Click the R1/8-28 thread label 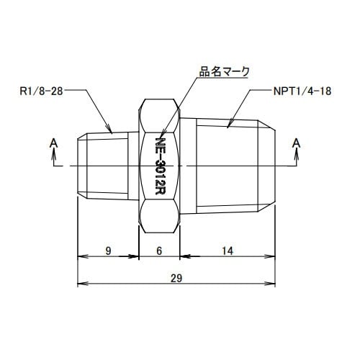[x=41, y=91]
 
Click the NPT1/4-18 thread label [x=302, y=91]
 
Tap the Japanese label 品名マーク [x=225, y=71]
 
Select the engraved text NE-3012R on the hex [x=160, y=166]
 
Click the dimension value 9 [x=108, y=251]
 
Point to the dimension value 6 [x=159, y=251]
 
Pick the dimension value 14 [x=227, y=251]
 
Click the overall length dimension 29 [x=176, y=279]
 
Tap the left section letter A [x=54, y=143]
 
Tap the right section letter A [x=297, y=143]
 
